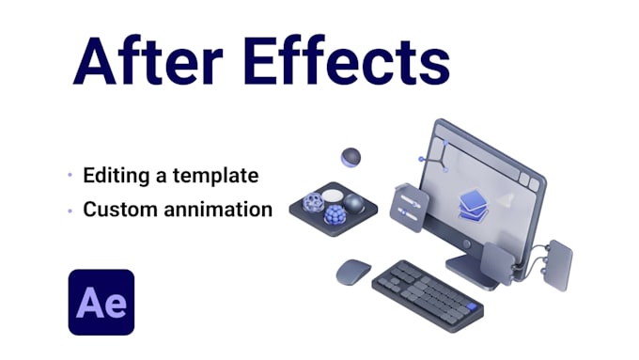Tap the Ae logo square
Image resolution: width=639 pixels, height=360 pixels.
tap(101, 302)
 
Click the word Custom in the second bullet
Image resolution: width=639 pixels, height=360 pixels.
tap(117, 209)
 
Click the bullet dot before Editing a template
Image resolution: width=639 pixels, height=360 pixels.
tap(70, 176)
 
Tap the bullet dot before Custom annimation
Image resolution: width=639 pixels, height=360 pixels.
tap(70, 210)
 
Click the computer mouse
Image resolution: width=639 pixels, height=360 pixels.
tap(353, 272)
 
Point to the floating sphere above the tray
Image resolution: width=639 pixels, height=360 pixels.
tap(351, 158)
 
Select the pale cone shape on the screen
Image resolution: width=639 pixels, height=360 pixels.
tap(506, 200)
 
